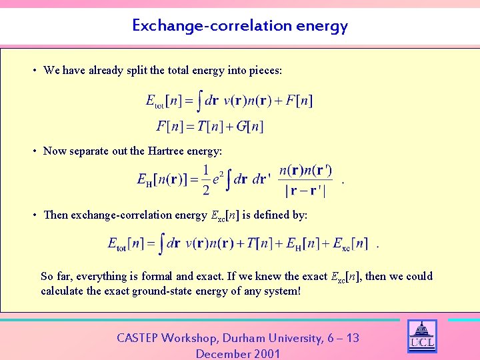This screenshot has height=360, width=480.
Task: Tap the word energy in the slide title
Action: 322,27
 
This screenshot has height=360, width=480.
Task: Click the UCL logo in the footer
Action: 421,337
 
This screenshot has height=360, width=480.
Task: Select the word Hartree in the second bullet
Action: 166,151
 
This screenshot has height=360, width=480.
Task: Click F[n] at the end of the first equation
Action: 299,101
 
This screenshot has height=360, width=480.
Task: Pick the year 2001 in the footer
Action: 266,353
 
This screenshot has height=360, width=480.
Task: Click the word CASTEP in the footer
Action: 137,338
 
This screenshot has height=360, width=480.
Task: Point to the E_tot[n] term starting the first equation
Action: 163,101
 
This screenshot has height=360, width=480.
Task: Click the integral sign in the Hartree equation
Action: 228,179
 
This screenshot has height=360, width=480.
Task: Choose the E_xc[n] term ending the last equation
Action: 350,244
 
